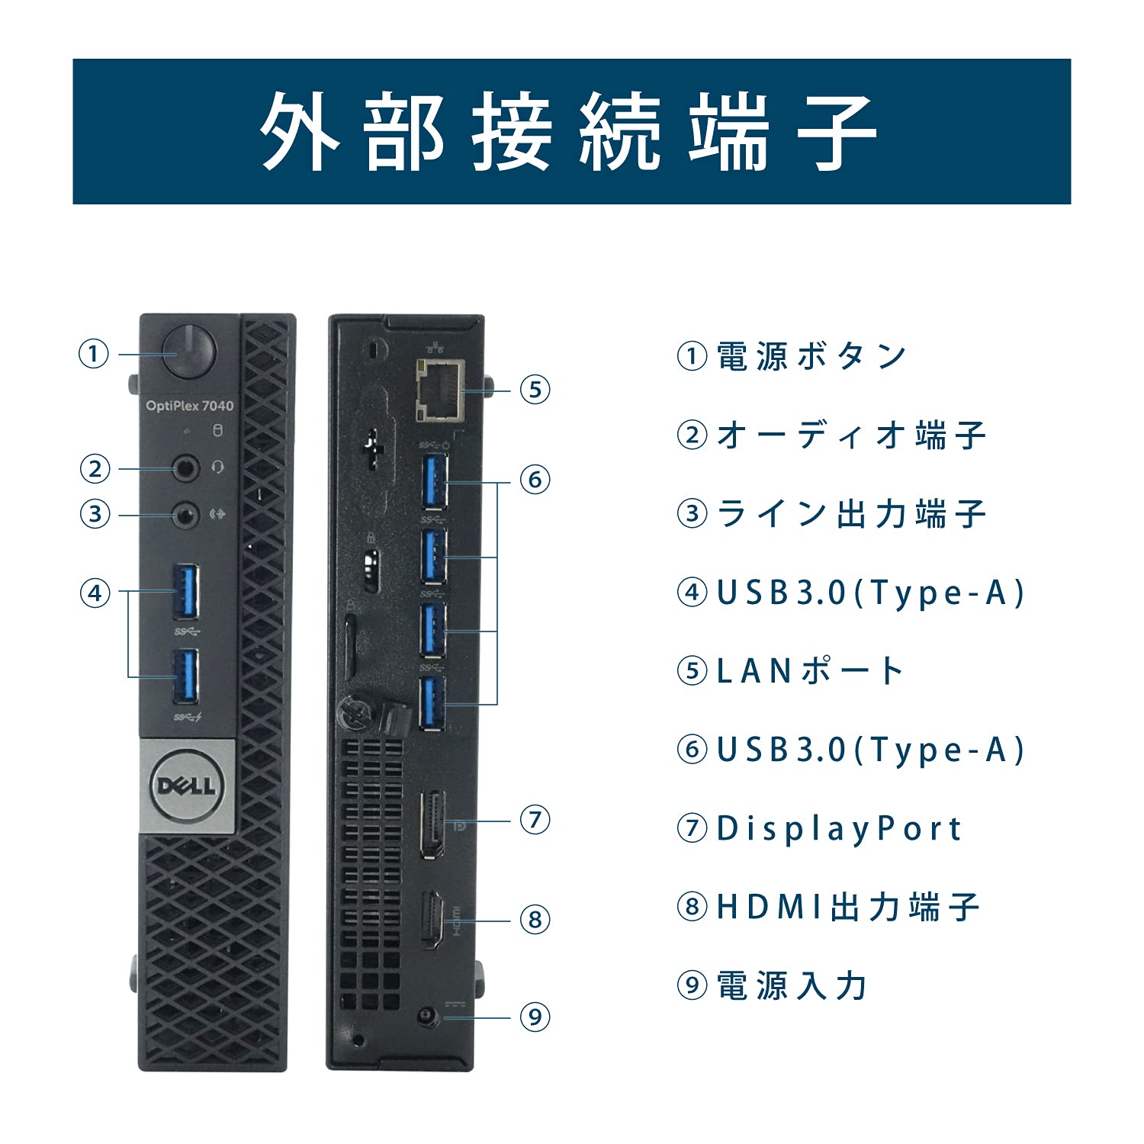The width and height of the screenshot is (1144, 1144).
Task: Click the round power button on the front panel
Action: (x=190, y=352)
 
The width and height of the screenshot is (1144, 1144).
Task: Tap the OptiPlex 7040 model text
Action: (x=189, y=406)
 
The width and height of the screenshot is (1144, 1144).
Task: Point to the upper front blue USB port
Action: (x=186, y=591)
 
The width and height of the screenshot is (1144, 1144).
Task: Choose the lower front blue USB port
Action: (x=185, y=676)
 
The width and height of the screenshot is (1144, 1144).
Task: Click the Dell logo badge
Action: (x=187, y=786)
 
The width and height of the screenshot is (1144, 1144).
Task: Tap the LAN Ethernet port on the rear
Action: (x=440, y=390)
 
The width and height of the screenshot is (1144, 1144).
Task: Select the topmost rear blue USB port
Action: (x=434, y=480)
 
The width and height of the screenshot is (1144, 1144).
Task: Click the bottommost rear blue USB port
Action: (x=432, y=703)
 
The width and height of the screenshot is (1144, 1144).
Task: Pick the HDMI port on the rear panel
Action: (x=432, y=919)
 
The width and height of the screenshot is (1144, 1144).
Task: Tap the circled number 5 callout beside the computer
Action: (x=535, y=390)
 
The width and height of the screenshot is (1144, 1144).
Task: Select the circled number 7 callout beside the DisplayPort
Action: (x=535, y=821)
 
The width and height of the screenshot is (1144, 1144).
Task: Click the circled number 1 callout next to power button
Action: (x=94, y=354)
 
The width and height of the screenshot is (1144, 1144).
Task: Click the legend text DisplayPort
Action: (x=838, y=828)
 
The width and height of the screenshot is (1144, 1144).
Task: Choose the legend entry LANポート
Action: (x=809, y=671)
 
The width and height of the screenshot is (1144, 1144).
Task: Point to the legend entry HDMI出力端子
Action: (x=847, y=907)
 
